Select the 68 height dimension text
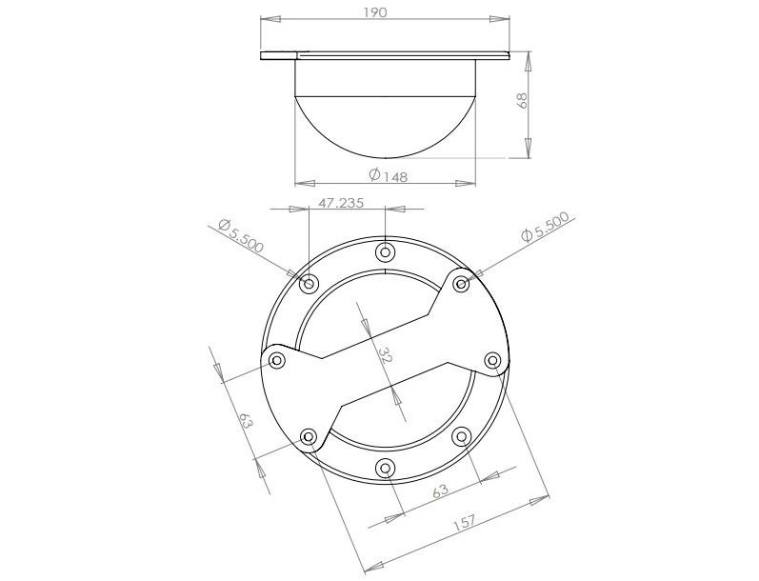coord(522,102)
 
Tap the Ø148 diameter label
coord(388,175)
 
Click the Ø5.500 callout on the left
coord(240,233)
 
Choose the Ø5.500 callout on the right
coord(545,229)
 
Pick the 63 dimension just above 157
coord(440,491)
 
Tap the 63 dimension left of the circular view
coord(245,420)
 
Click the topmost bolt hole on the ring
coord(385,252)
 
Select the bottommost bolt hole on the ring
coord(385,468)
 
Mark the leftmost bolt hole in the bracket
coord(277,360)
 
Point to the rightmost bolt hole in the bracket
coord(493,360)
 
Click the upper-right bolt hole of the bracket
coord(461,283)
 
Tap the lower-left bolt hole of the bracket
coord(309,436)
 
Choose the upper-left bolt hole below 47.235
coord(309,284)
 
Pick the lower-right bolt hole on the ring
coord(461,436)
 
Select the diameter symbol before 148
coord(373,175)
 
